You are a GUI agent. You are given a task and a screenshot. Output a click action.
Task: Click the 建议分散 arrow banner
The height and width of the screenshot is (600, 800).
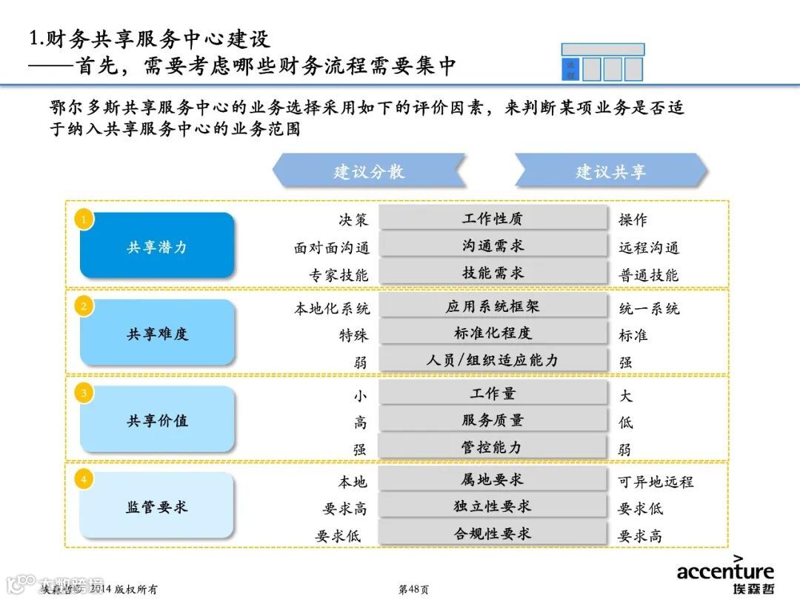[x=368, y=171]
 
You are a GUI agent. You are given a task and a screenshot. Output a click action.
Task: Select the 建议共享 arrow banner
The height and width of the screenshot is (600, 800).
[x=610, y=171]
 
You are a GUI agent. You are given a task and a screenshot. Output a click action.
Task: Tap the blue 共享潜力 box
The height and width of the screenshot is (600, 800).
[x=157, y=246]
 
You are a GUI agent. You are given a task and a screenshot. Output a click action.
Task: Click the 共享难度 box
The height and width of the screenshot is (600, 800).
[x=157, y=333]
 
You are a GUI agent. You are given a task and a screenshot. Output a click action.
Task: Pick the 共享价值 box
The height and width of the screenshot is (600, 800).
[x=157, y=419]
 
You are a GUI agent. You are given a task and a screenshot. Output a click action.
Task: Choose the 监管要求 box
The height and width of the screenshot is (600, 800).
[x=157, y=506]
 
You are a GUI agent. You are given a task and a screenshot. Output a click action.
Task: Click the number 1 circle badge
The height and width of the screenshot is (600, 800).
[x=84, y=219]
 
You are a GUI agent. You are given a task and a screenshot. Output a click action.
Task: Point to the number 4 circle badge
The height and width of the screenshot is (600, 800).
[x=84, y=479]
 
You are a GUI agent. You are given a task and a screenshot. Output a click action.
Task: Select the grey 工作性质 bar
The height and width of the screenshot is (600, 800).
[x=493, y=219]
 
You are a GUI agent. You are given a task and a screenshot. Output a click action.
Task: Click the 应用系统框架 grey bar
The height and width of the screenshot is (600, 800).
[x=493, y=306]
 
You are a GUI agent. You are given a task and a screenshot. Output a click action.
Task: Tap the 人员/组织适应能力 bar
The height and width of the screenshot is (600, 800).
[x=493, y=360]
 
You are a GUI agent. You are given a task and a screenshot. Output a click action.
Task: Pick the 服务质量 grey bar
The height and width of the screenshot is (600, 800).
[x=493, y=420]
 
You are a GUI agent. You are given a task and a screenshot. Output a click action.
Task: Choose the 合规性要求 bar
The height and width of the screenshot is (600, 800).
[x=493, y=533]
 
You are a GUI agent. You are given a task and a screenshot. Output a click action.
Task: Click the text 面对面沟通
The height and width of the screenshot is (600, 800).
[x=331, y=247]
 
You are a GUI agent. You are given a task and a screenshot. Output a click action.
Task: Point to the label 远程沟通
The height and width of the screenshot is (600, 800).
[x=649, y=247]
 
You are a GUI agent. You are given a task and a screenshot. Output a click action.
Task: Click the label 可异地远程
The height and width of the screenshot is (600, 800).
[x=656, y=481]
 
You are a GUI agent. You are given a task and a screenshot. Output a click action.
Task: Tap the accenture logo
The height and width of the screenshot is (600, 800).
[x=724, y=574]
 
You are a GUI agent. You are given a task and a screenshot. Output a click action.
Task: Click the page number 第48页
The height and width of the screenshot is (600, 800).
[x=413, y=590]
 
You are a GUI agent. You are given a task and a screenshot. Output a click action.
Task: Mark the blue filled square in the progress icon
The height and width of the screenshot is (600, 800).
[x=570, y=69]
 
